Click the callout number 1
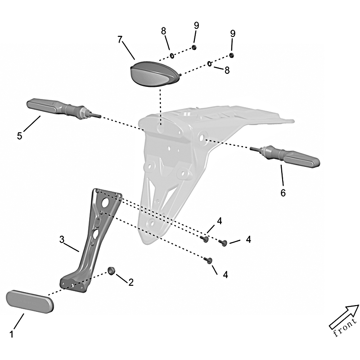[x=12, y=334]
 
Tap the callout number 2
[x=131, y=283]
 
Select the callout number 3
[x=62, y=239]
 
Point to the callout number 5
[x=19, y=136]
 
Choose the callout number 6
[x=283, y=193]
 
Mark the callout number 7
[x=119, y=40]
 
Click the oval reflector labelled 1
[x=30, y=302]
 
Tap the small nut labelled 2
[x=111, y=270]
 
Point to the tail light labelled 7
[x=154, y=73]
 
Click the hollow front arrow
[x=344, y=316]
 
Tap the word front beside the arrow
[x=345, y=328]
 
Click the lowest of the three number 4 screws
[x=208, y=260]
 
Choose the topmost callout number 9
[x=196, y=26]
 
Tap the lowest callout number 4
[x=225, y=274]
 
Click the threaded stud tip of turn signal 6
[x=251, y=148]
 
